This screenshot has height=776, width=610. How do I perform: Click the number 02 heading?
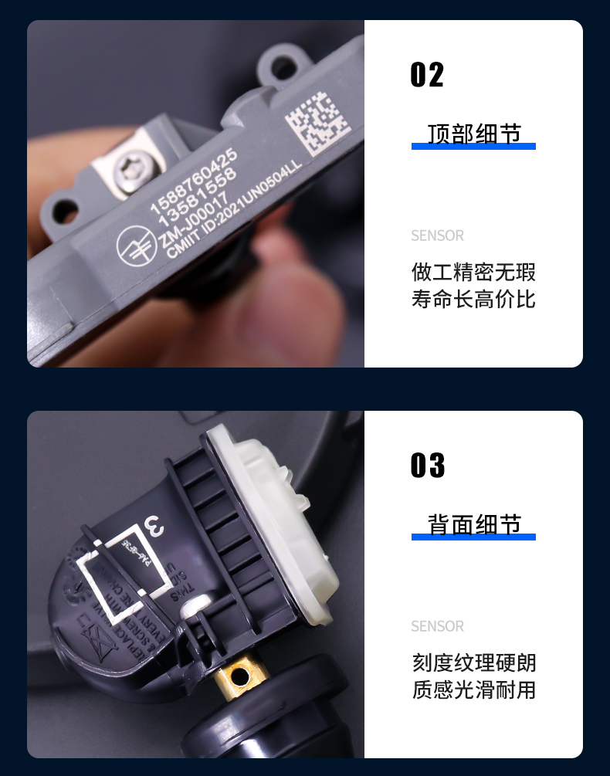click(427, 76)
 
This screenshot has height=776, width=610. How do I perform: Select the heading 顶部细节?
click(473, 133)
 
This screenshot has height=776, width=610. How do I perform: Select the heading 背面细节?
click(473, 524)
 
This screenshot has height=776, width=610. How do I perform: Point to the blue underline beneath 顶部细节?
click(473, 146)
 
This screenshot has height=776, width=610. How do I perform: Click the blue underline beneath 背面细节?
click(473, 537)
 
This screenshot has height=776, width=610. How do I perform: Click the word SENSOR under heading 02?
click(437, 236)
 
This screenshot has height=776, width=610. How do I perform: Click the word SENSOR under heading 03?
click(437, 626)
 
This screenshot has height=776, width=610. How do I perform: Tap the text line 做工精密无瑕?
click(473, 273)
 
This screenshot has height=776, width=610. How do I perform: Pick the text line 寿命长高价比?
click(473, 300)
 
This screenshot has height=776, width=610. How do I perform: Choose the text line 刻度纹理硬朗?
click(473, 663)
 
